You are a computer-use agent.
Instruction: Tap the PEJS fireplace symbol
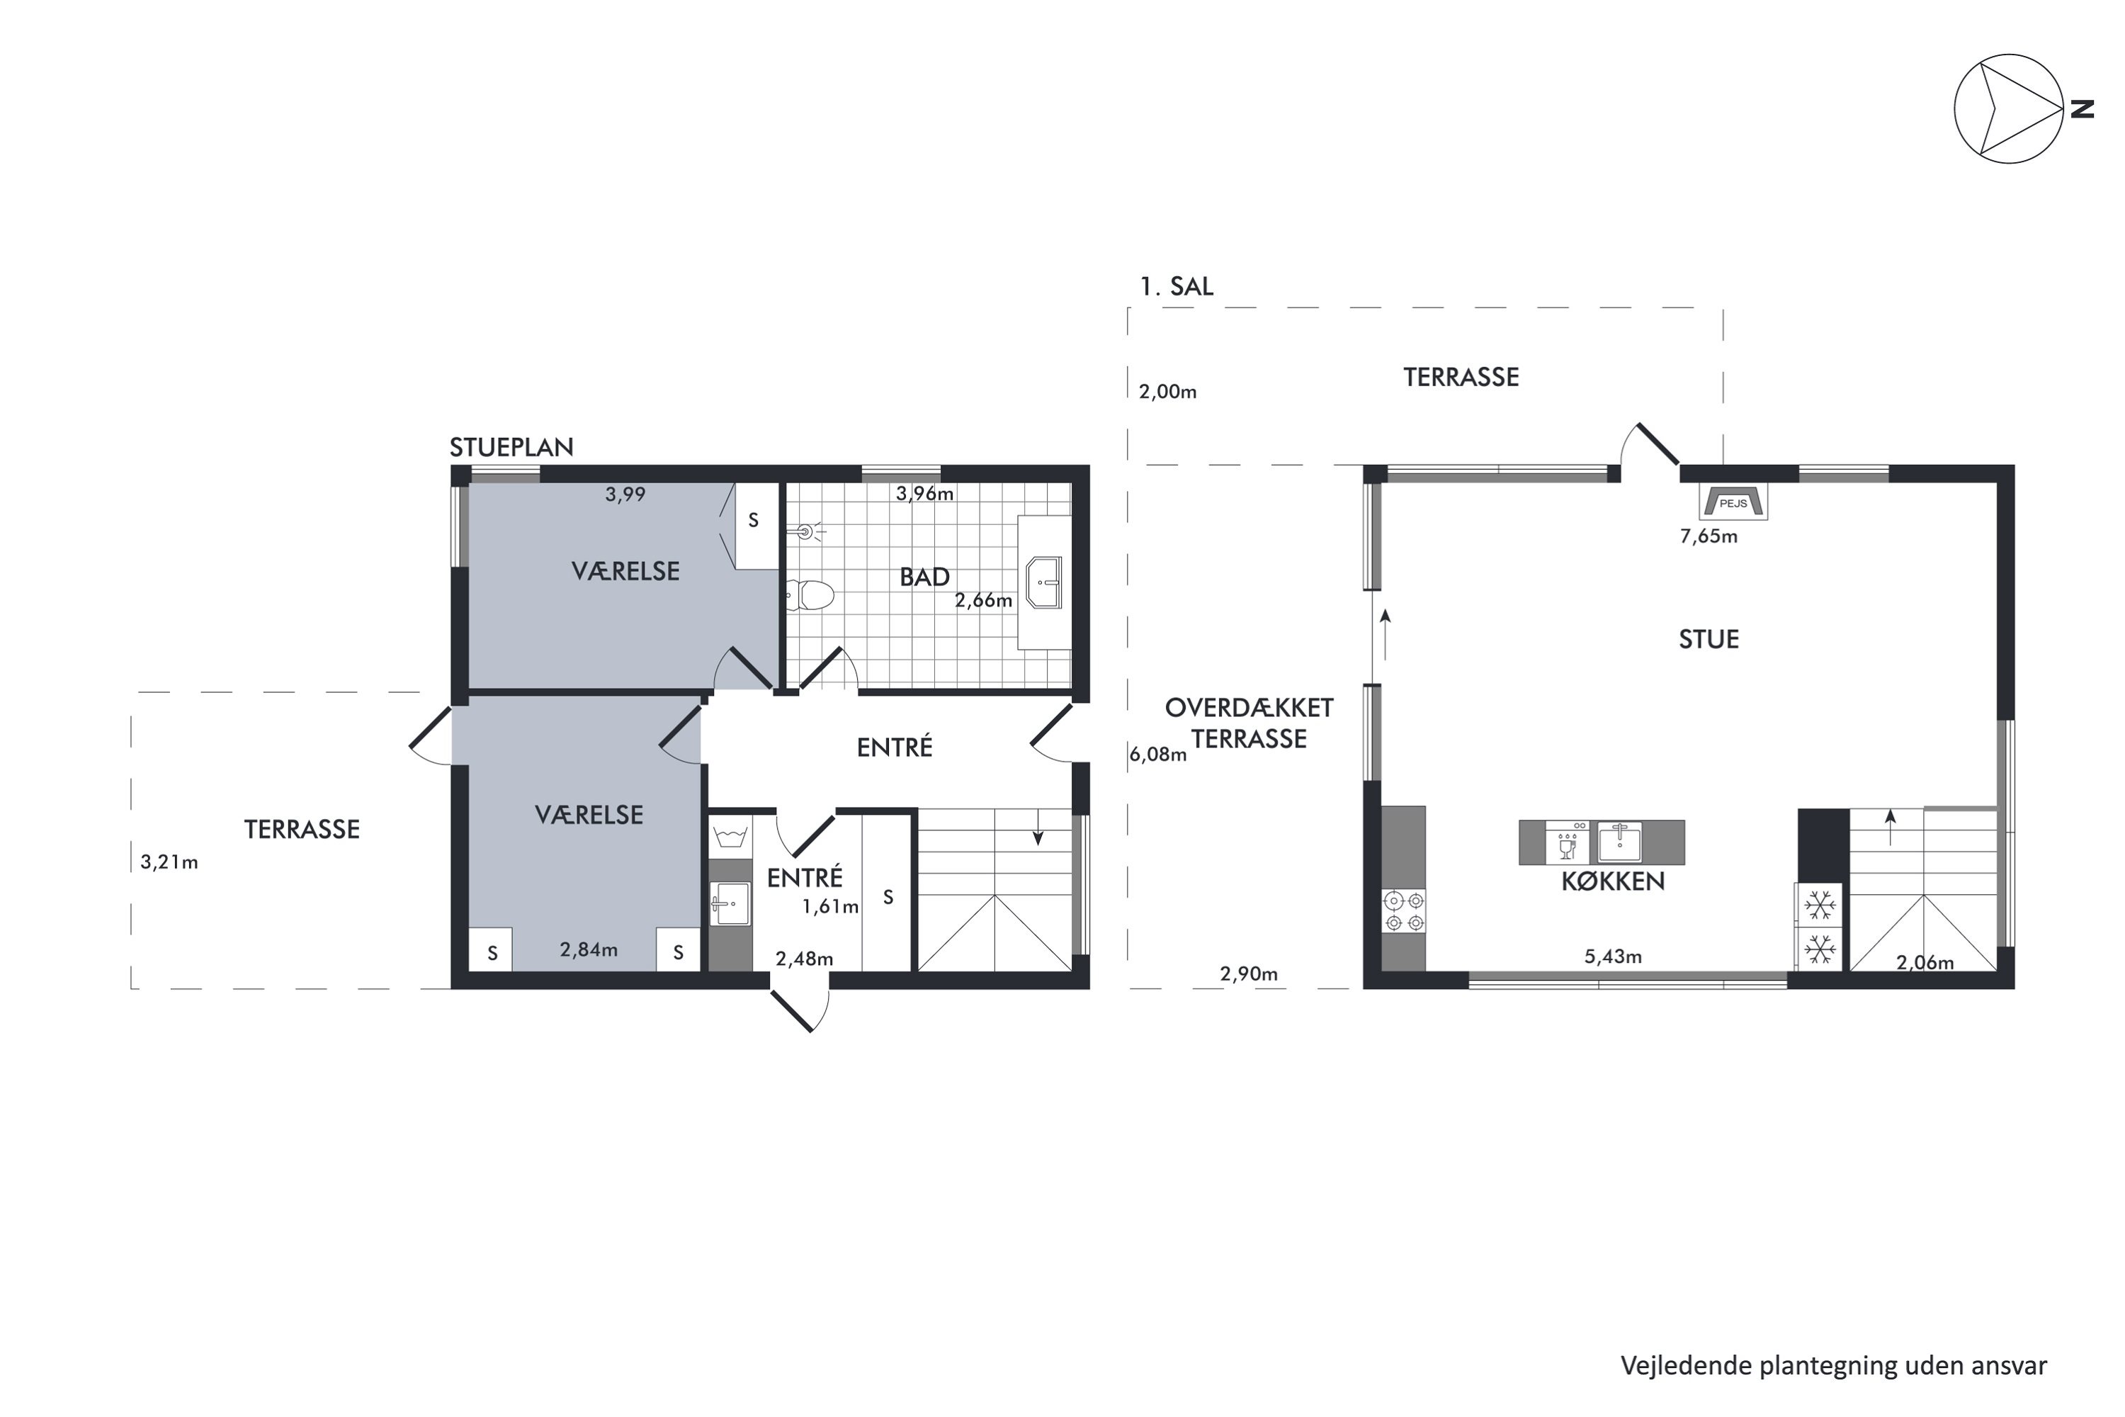pos(1733,502)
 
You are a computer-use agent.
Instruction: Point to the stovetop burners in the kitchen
pos(1404,911)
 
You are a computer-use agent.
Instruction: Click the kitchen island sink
pos(1620,842)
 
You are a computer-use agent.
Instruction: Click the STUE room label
pos(1708,640)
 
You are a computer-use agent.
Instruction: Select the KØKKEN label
pos(1613,882)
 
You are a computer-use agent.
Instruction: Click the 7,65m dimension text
pos(1708,536)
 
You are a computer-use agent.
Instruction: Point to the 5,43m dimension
pos(1613,956)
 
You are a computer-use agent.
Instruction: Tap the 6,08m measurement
pos(1157,754)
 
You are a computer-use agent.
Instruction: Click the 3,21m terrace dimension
pos(169,862)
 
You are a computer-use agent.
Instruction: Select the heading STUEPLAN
pos(511,447)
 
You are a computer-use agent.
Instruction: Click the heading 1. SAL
pos(1177,286)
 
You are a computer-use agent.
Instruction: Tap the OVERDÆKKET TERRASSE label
pos(1249,723)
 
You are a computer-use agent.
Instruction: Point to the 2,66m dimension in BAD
pos(984,600)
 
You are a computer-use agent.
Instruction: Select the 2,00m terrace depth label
pos(1167,391)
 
